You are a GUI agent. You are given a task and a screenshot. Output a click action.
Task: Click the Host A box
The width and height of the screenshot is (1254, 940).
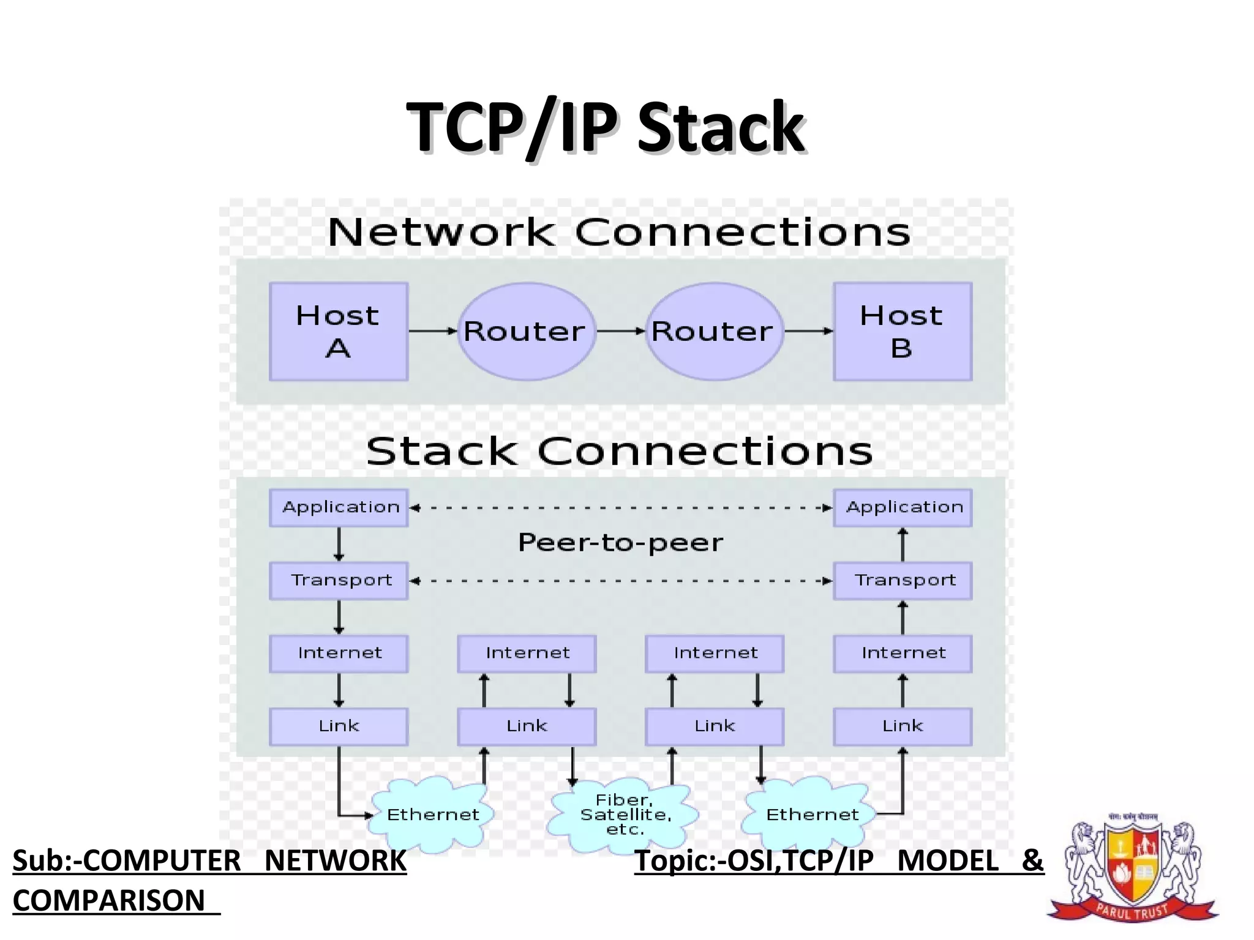[x=339, y=332]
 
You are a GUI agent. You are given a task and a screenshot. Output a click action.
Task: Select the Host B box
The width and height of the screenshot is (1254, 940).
[x=903, y=332]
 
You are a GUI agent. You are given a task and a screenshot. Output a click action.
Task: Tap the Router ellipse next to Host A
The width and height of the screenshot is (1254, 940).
[x=526, y=332]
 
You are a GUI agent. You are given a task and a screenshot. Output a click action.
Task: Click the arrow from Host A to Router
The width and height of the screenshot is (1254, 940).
[x=433, y=331]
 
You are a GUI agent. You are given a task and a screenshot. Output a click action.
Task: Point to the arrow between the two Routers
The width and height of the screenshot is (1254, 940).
[x=621, y=331]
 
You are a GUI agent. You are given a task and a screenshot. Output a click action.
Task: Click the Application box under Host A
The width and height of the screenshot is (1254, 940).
[x=339, y=507]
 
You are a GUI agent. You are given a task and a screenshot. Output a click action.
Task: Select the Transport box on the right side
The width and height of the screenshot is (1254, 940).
[x=903, y=580]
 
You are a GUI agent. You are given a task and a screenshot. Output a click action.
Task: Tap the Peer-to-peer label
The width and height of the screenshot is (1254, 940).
[x=620, y=543]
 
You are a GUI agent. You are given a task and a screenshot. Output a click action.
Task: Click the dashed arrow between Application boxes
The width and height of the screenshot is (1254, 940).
[x=620, y=507]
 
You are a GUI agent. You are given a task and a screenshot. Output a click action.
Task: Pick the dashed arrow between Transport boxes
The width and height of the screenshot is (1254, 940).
[x=620, y=581]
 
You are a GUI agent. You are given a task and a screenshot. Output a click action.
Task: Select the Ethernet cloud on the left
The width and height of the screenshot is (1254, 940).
[x=432, y=815]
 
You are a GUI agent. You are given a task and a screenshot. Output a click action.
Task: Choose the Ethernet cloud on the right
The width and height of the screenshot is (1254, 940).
[x=811, y=815]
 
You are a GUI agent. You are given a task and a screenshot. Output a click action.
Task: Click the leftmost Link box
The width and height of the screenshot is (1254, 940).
[x=339, y=726]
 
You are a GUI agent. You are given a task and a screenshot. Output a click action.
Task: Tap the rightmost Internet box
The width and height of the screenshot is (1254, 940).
[x=903, y=654]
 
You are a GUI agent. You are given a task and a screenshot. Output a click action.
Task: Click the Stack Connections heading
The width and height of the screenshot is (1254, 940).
[x=619, y=452]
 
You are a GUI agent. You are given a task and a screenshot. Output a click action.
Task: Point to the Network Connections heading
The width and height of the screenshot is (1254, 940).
[x=619, y=233]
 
